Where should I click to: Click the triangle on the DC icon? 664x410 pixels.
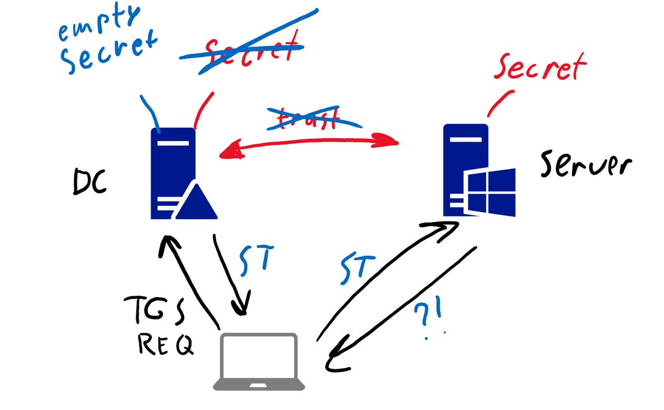click(x=195, y=202)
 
